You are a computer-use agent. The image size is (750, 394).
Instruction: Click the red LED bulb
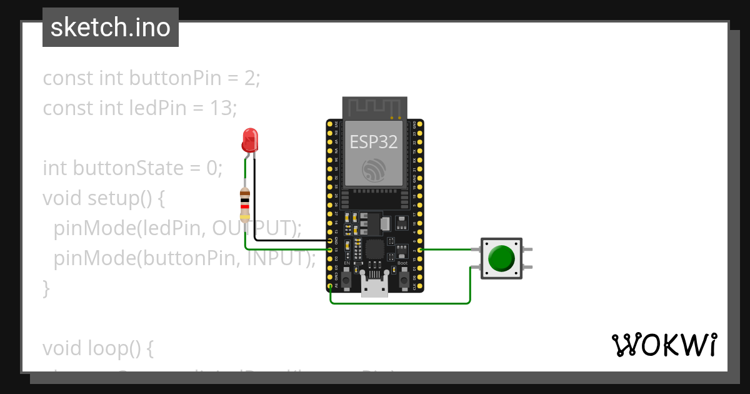[x=249, y=140]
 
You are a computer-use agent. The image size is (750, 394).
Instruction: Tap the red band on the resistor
[x=245, y=206]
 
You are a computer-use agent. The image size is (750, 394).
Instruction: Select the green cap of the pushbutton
[x=501, y=258]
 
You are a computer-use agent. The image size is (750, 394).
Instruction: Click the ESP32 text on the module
[x=374, y=142]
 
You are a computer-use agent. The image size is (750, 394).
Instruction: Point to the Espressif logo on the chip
[x=374, y=169]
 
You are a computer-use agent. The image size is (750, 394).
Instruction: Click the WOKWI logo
[x=664, y=345]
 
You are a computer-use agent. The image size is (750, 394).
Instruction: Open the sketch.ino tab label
[x=111, y=28]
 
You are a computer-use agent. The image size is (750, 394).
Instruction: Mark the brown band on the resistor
[x=245, y=194]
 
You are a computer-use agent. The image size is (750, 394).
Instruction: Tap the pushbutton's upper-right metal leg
[x=529, y=250]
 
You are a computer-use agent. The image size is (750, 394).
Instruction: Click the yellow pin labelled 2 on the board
[x=420, y=250]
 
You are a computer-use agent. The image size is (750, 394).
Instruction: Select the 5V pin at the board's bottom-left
[x=329, y=287]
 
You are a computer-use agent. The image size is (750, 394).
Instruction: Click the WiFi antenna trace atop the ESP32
[x=374, y=108]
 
